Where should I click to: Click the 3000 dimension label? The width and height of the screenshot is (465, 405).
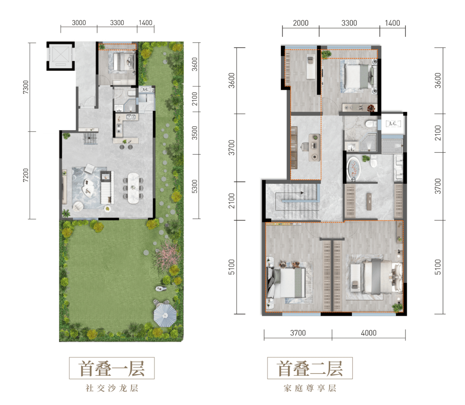click(x=79, y=23)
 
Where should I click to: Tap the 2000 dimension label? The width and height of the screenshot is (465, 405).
click(x=301, y=23)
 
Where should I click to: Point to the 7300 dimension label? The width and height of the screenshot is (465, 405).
click(x=26, y=87)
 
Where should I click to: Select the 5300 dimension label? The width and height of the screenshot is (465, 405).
click(x=195, y=187)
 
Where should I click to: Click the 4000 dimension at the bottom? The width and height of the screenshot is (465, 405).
click(x=369, y=333)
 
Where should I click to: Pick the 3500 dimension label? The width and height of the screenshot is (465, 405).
click(x=195, y=133)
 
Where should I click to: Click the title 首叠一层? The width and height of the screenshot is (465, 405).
click(x=112, y=368)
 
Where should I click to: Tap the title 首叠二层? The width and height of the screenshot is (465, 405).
click(x=310, y=368)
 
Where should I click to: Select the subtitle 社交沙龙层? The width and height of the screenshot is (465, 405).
click(x=112, y=388)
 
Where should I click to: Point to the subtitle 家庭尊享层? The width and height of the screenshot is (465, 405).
click(x=310, y=388)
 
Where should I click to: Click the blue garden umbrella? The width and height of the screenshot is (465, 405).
click(x=165, y=315)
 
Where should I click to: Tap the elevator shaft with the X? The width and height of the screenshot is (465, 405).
click(x=60, y=56)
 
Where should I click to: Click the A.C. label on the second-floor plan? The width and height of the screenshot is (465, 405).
click(x=393, y=124)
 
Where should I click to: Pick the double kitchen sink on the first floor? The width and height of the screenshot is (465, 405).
click(x=131, y=117)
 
